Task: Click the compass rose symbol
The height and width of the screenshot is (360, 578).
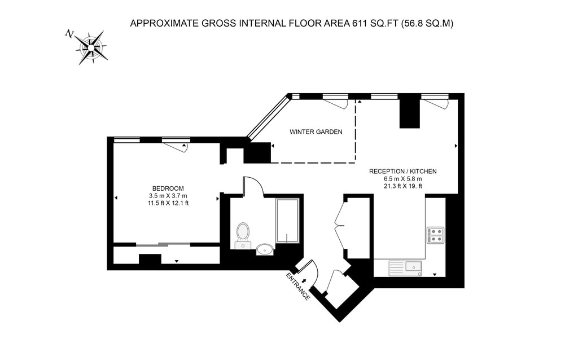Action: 92,48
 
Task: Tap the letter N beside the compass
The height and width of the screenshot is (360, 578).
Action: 69,34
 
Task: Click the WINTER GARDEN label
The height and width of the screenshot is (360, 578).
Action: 316,131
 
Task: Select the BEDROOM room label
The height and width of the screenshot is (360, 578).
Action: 168,188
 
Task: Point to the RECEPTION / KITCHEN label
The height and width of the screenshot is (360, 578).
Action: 403,172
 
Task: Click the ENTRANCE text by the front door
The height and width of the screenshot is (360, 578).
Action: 298,287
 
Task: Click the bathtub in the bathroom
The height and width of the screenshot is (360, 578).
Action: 287,221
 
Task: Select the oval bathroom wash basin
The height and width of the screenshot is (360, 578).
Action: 265,249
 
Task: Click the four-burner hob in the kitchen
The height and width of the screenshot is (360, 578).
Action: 435,235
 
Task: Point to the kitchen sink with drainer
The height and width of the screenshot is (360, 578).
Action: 405,268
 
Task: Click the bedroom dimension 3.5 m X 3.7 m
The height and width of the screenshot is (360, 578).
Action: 168,196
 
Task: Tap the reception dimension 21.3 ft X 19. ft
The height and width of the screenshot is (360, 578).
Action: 403,186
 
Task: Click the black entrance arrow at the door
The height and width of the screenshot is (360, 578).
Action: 304,281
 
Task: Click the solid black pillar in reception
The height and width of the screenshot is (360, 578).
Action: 410,113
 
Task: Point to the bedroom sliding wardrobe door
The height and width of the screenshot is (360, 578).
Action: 163,244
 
